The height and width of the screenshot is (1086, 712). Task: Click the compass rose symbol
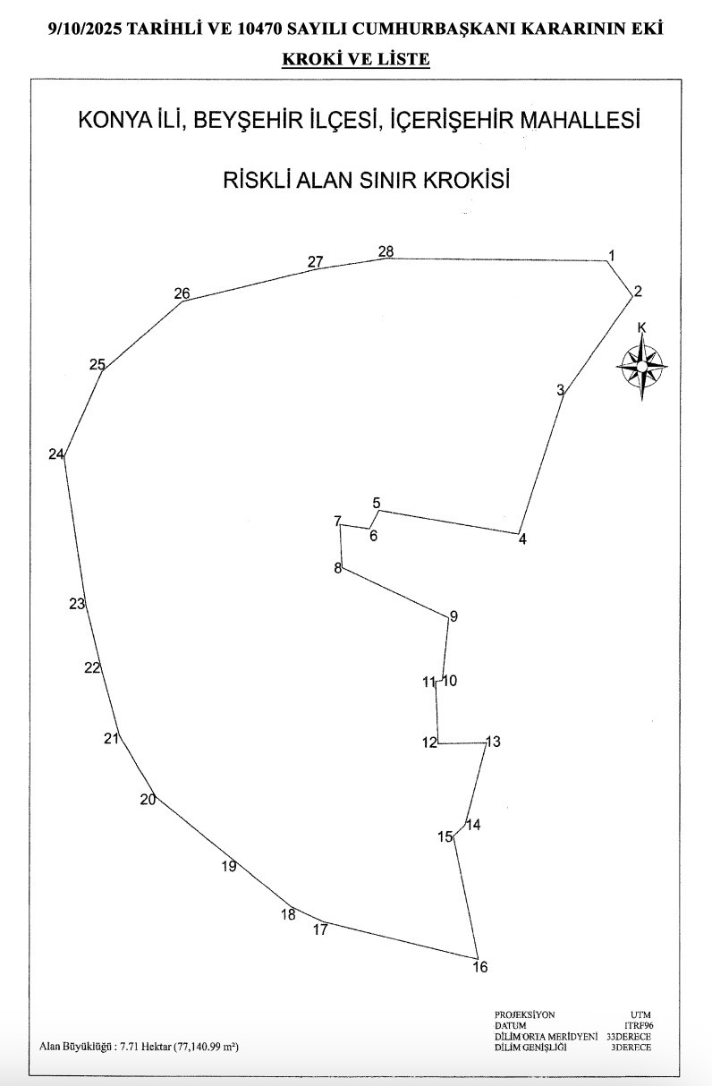(642, 367)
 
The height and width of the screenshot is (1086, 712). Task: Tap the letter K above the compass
(641, 328)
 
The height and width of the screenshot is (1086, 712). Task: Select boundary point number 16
(480, 967)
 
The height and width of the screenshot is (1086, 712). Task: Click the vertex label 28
(386, 251)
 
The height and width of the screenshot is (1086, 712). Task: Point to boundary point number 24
(56, 454)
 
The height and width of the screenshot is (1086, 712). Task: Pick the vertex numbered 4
(522, 539)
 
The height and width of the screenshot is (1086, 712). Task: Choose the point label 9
(453, 616)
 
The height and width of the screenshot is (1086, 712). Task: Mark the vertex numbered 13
(493, 742)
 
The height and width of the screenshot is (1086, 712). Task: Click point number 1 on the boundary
(612, 256)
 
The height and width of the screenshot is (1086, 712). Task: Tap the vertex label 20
(148, 800)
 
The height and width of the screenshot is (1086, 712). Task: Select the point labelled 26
(182, 293)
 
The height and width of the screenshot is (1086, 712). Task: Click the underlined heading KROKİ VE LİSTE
(356, 60)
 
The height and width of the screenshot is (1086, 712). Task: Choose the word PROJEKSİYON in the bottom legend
(525, 1014)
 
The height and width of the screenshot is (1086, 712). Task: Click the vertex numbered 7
(337, 522)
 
